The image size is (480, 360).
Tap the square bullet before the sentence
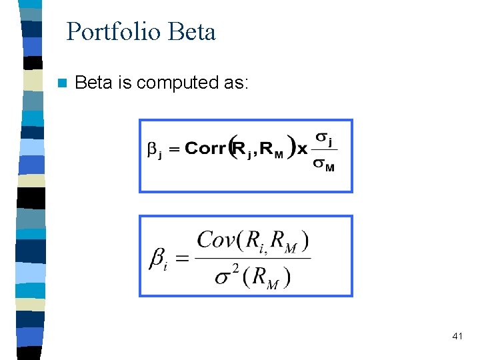pyautogui.click(x=62, y=83)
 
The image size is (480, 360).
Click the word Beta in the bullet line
pyautogui.click(x=93, y=83)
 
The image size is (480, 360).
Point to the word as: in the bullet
pyautogui.click(x=235, y=83)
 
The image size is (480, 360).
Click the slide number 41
pyautogui.click(x=457, y=337)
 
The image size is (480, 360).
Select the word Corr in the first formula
pyautogui.click(x=205, y=148)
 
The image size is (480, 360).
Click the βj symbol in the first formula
pyautogui.click(x=155, y=149)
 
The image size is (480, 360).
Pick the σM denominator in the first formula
pyautogui.click(x=324, y=164)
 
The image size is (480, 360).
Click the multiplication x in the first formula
pyautogui.click(x=302, y=148)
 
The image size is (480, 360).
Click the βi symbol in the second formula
pyautogui.click(x=158, y=259)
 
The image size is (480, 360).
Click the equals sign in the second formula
pyautogui.click(x=183, y=258)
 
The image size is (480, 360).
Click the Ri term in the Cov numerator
pyautogui.click(x=256, y=241)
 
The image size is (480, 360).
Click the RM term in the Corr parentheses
pyautogui.click(x=271, y=149)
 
